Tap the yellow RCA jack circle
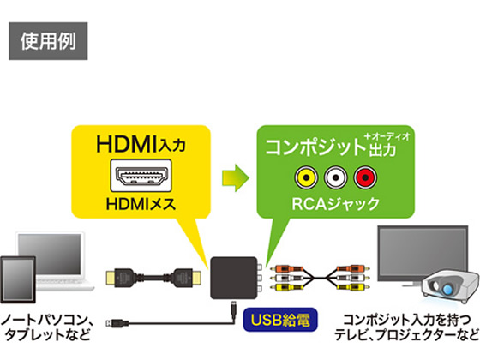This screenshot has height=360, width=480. (x=303, y=178)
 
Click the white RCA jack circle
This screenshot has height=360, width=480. (x=334, y=178)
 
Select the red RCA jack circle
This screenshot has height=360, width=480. (x=365, y=178)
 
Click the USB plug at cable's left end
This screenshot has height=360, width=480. (x=115, y=324)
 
